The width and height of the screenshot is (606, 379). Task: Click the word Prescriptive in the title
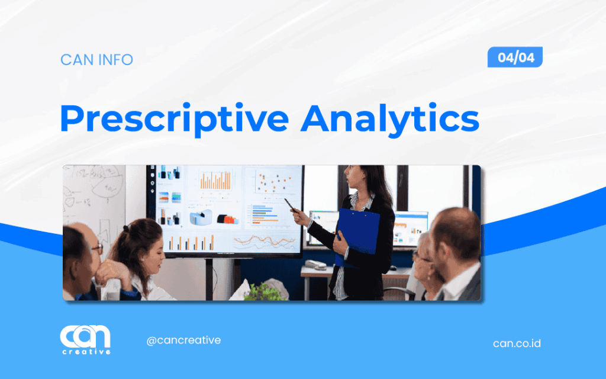[x=175, y=119]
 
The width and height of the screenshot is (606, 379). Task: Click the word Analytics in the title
[x=390, y=119]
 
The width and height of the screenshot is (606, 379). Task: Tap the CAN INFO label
[x=96, y=60]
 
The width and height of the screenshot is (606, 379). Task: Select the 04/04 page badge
[x=515, y=57]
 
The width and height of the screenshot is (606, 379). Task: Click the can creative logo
[x=85, y=339]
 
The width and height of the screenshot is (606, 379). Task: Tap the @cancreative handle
[x=183, y=341]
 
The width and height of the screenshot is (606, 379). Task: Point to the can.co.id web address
[x=517, y=343]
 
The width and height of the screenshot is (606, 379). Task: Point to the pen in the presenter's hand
[x=290, y=205]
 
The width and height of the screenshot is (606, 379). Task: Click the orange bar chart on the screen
[x=215, y=180]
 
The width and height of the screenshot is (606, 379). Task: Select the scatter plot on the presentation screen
[x=274, y=181]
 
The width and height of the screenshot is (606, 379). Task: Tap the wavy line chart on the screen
[x=265, y=242]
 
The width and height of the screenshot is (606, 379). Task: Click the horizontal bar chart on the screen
[x=265, y=214]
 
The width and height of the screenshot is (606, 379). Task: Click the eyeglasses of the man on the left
[x=98, y=248]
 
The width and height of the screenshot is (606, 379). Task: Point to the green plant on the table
[x=265, y=292]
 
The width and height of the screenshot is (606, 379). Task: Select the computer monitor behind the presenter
[x=409, y=229]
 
